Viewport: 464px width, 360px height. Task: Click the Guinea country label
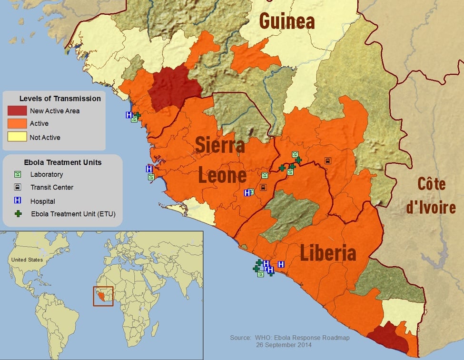(286, 21)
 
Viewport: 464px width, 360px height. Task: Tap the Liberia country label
(327, 253)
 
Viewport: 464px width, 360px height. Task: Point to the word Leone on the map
(222, 176)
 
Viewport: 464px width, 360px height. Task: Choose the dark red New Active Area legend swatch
(17, 110)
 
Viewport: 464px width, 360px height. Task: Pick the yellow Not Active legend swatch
(17, 137)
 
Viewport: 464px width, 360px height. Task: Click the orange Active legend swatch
(17, 124)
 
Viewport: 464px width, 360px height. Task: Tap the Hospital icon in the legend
(18, 201)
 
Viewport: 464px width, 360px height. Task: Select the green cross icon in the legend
(18, 214)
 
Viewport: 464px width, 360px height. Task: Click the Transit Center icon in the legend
(18, 187)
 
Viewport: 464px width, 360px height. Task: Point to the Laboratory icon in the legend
(18, 174)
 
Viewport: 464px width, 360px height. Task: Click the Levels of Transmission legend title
(60, 99)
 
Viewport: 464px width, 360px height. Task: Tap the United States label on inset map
(27, 260)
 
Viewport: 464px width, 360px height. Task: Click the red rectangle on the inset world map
(102, 296)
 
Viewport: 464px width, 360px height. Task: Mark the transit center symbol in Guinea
(327, 161)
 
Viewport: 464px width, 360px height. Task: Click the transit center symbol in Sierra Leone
(263, 187)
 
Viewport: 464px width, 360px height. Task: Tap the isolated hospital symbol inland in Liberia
(281, 264)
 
